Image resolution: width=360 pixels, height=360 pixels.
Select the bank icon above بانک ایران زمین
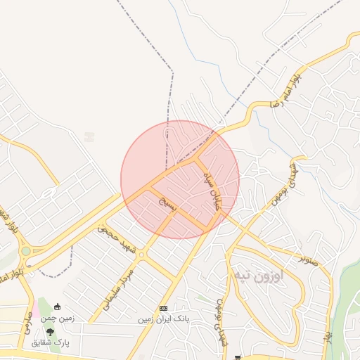tap(164, 309)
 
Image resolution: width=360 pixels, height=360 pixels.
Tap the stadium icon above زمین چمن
tap(57, 307)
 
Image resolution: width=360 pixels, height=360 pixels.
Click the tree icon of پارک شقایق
tap(50, 331)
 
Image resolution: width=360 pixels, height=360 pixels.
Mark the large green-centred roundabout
tap(26, 250)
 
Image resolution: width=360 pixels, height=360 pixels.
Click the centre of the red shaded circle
tap(180, 179)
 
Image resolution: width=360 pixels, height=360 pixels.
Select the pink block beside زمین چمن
tap(41, 307)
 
